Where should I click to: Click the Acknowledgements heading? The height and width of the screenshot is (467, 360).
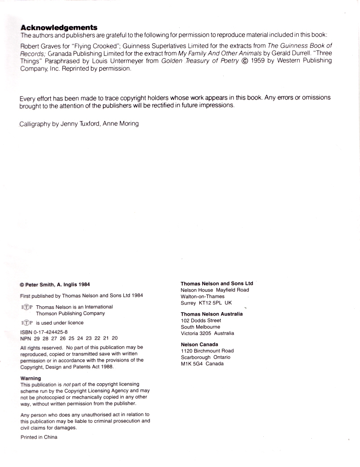(x=58, y=27)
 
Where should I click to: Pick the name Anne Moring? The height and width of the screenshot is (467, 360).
(x=121, y=123)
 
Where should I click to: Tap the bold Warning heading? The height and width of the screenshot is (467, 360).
(x=31, y=378)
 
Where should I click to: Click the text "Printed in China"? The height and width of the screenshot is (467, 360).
(x=39, y=437)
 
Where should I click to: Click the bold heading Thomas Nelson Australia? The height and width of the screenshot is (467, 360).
(x=211, y=314)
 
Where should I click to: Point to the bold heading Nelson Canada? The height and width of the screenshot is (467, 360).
(x=199, y=345)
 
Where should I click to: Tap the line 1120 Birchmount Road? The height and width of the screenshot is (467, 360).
(x=207, y=351)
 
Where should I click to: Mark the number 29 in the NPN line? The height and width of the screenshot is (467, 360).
(x=37, y=338)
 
